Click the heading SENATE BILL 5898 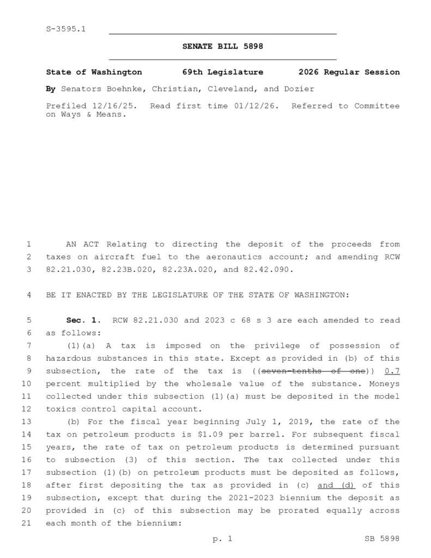coord(222,47)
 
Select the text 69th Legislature coord(222,72)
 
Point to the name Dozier coord(300,89)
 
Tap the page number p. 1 coord(222,539)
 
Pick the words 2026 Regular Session coord(349,72)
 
